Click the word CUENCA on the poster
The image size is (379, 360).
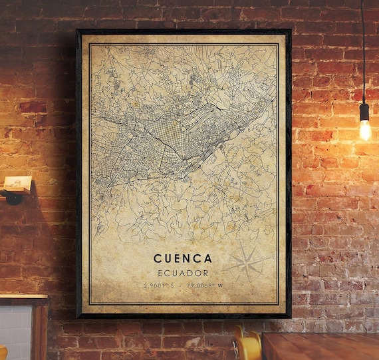(183, 258)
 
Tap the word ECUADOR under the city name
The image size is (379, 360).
(183, 273)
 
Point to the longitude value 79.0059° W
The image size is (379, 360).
(207, 285)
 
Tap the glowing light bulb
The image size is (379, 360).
(365, 129)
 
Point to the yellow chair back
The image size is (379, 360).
(248, 345)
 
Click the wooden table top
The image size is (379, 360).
(319, 346)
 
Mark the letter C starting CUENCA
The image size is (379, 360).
(158, 258)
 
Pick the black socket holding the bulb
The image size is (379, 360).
(364, 112)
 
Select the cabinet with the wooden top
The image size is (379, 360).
(23, 326)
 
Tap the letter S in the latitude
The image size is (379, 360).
(172, 285)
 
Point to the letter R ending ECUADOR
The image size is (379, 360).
(206, 273)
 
